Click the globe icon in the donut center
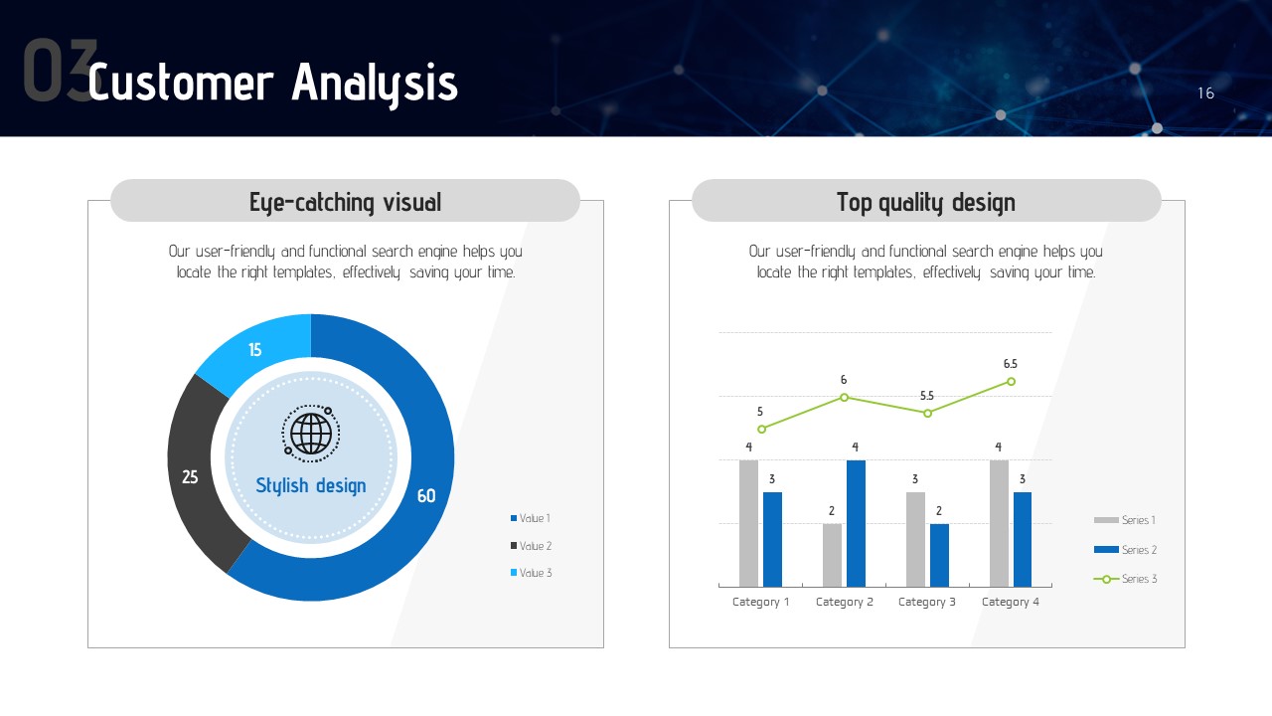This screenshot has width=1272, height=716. point(311,434)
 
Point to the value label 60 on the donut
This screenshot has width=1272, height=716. point(426,496)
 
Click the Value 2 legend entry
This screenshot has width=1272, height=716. point(531,546)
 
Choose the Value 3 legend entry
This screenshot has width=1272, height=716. point(531,573)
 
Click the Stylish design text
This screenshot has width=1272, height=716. point(311,486)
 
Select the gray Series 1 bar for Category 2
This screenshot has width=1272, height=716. point(833,555)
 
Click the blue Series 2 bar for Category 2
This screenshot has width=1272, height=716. point(856,523)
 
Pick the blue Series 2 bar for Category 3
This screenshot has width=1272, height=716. point(939,555)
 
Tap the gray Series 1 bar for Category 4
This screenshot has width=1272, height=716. point(999,523)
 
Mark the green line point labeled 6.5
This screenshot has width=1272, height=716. point(1011,381)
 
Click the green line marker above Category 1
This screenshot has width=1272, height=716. point(762,429)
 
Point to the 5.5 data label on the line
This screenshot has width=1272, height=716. point(927,396)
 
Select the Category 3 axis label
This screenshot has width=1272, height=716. point(927,602)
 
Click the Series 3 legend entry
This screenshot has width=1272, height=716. point(1125,579)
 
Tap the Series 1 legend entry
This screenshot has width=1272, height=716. point(1124,520)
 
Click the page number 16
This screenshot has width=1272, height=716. point(1206,93)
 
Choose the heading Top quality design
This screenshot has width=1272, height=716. point(926,202)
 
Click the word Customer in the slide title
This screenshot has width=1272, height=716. point(181,83)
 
